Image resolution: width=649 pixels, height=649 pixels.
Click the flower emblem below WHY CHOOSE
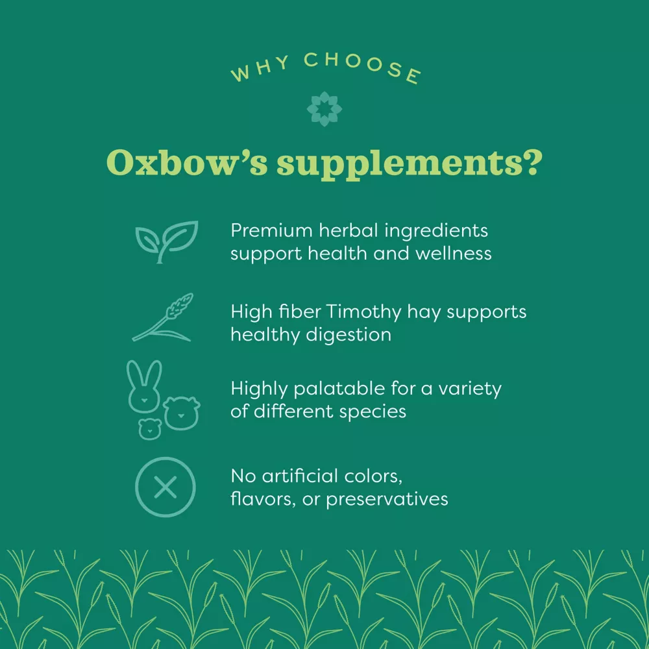[x=324, y=109]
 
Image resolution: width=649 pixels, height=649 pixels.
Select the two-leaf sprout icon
[x=167, y=241]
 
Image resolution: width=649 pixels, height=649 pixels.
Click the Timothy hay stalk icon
[x=163, y=318]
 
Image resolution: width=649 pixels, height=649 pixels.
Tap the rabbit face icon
[x=144, y=387]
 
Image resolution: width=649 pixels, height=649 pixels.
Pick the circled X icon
[x=165, y=487]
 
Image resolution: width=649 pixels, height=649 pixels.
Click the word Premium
[x=271, y=230]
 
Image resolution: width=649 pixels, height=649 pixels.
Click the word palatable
[x=339, y=389]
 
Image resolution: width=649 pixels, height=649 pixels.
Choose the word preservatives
[x=387, y=500]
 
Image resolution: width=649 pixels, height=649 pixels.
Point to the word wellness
[x=454, y=253]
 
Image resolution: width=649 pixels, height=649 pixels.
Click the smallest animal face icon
[x=150, y=429]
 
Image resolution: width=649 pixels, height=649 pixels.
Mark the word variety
[x=470, y=389]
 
